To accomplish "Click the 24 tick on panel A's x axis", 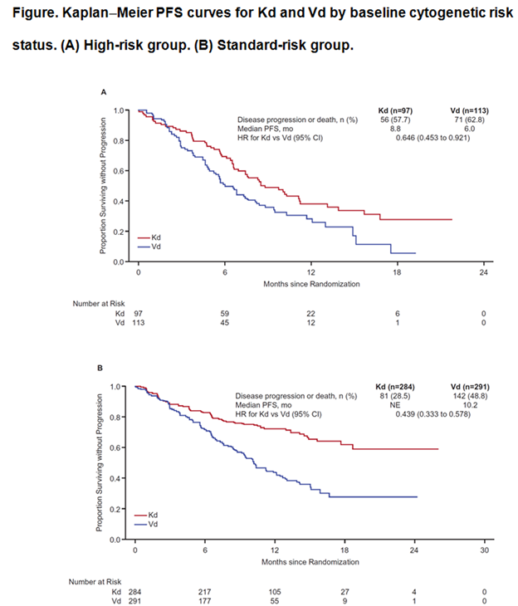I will [483, 272].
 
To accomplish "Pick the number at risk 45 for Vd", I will [225, 322].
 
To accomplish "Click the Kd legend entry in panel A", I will [155, 237].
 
